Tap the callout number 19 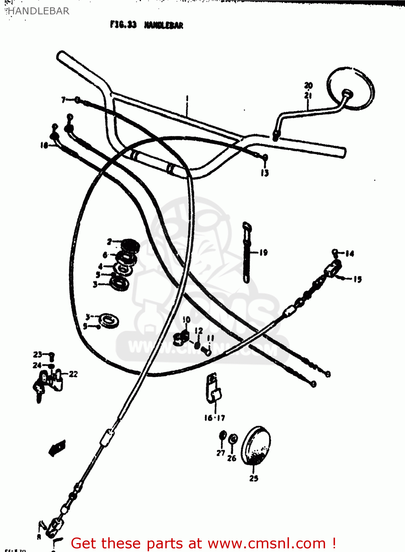pos(263,252)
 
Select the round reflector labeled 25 pos(256,446)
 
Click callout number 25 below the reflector pos(254,478)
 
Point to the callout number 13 pos(265,173)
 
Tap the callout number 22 pos(73,374)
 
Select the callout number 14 pos(349,253)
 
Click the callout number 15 pos(358,279)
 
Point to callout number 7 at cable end pos(63,100)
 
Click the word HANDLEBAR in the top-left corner pos(38,11)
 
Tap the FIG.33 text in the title pos(123,25)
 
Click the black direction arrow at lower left pos(57,448)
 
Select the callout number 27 pos(221,453)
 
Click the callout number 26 pos(232,458)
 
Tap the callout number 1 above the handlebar pos(187,98)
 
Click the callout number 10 pos(186,319)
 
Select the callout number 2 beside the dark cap pos(109,241)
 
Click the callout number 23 pos(38,354)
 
